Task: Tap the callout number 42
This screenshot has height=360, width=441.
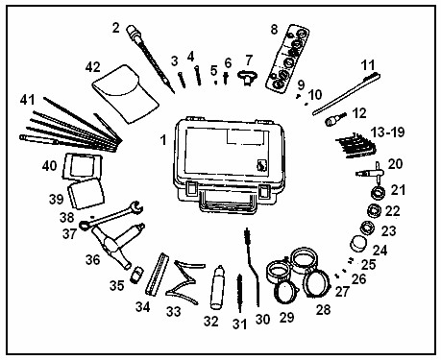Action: click(93, 67)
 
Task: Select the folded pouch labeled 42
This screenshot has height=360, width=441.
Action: click(126, 94)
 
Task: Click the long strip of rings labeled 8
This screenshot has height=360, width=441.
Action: click(287, 59)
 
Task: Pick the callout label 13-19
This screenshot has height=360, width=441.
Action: click(388, 132)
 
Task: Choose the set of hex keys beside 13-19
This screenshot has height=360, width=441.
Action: click(357, 146)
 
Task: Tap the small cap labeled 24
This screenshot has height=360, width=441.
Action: click(358, 244)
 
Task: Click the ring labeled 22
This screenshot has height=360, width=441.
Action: click(374, 210)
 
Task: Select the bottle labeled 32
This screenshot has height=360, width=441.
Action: click(218, 287)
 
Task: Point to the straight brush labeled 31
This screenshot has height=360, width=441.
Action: click(239, 293)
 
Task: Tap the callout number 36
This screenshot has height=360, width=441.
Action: click(92, 259)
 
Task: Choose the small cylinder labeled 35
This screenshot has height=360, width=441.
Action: click(137, 275)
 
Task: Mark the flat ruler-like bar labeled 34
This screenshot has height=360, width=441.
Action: click(157, 274)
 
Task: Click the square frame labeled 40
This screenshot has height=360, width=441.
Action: click(83, 166)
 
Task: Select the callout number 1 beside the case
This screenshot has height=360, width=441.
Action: click(163, 140)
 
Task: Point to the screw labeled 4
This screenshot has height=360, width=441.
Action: click(198, 75)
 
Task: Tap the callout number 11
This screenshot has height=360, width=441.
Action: click(368, 65)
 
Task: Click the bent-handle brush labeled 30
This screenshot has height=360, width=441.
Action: click(252, 266)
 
